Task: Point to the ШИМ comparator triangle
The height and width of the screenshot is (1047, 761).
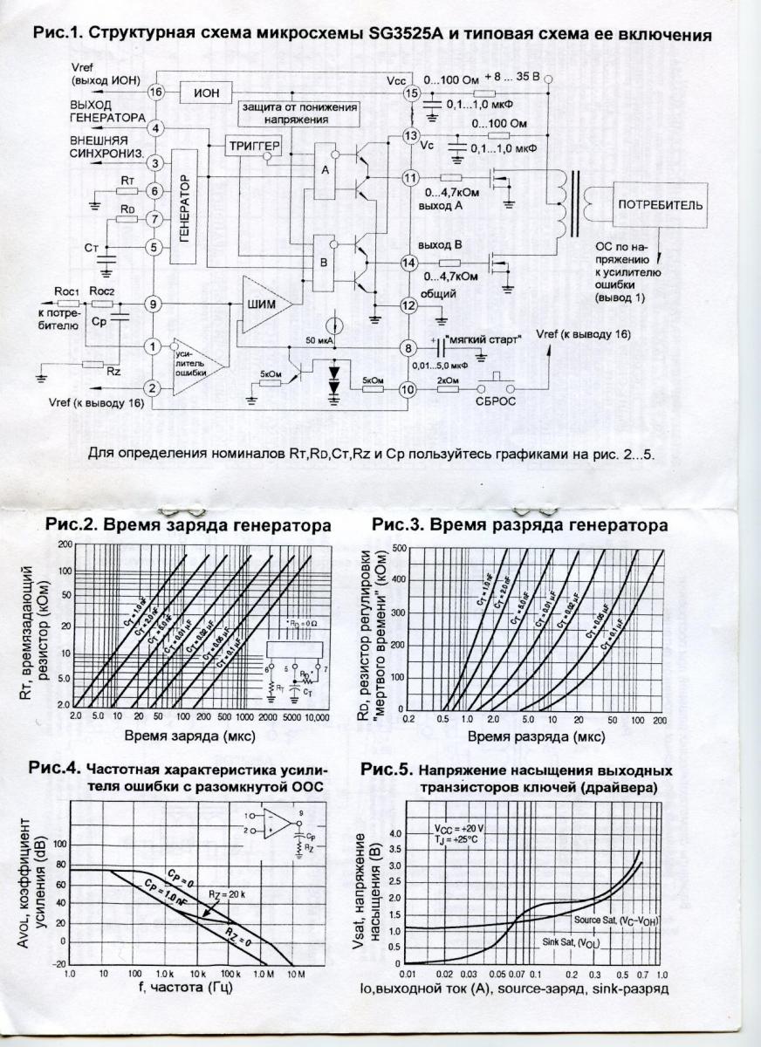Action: click(x=264, y=305)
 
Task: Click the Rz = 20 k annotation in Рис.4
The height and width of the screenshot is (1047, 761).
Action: click(x=226, y=893)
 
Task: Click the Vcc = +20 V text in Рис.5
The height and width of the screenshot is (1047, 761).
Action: click(x=459, y=827)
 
